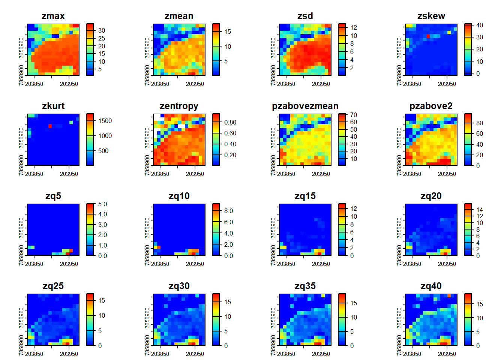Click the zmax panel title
coord(53,16)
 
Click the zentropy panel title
coord(179,106)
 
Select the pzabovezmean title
coord(305,106)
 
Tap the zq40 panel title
coord(431,286)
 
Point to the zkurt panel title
coord(53,106)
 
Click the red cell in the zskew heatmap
coord(428,36)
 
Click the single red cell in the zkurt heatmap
coord(50,126)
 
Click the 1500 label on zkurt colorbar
coord(105,121)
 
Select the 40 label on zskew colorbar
coord(480,25)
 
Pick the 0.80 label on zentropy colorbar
coord(230,122)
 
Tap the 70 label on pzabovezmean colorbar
coord(354,115)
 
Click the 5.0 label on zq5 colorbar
coord(102,204)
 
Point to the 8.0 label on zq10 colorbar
coord(228,211)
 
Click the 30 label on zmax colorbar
coord(102,30)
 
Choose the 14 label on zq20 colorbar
coord(480,210)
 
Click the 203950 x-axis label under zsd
coord(321,84)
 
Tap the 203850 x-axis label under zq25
coord(34,354)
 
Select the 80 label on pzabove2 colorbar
coord(480,123)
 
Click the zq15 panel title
coord(305,196)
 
